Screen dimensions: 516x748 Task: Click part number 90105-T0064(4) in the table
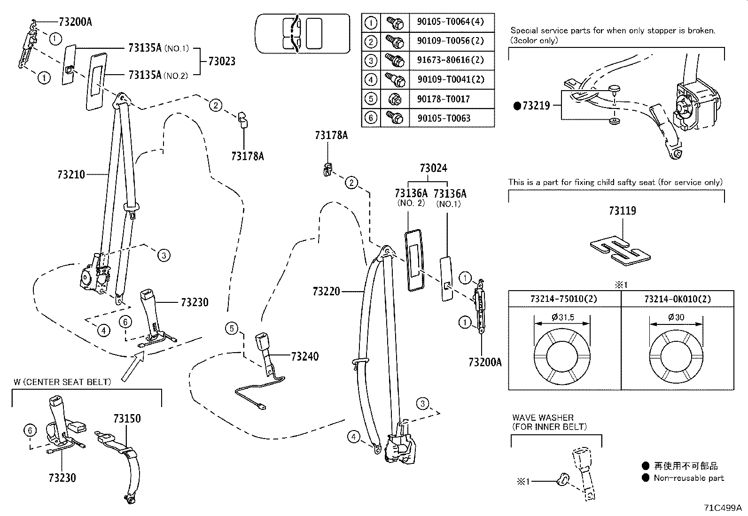click(x=450, y=22)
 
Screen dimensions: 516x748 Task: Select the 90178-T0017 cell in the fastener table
click(x=443, y=99)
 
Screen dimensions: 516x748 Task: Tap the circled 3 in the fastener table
click(x=371, y=61)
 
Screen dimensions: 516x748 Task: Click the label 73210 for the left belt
click(x=71, y=175)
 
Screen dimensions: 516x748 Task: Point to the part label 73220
click(x=326, y=292)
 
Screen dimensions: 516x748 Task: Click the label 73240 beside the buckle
click(x=304, y=356)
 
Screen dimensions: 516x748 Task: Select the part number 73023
click(x=222, y=62)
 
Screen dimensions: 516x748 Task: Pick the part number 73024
click(x=433, y=168)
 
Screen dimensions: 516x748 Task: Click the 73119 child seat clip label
click(x=622, y=211)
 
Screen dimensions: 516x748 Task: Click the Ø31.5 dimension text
click(x=562, y=317)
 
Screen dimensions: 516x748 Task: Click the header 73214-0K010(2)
click(x=677, y=299)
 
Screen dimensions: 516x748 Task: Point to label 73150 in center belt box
click(x=127, y=418)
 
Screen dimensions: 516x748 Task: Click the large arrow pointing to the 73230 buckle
click(x=133, y=367)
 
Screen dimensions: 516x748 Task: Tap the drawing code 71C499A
click(x=722, y=508)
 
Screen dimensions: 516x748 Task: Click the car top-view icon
click(x=302, y=33)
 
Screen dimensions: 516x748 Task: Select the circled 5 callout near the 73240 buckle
click(x=232, y=329)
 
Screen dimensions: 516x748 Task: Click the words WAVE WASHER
click(x=543, y=417)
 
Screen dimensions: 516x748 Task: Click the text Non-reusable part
click(x=689, y=478)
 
